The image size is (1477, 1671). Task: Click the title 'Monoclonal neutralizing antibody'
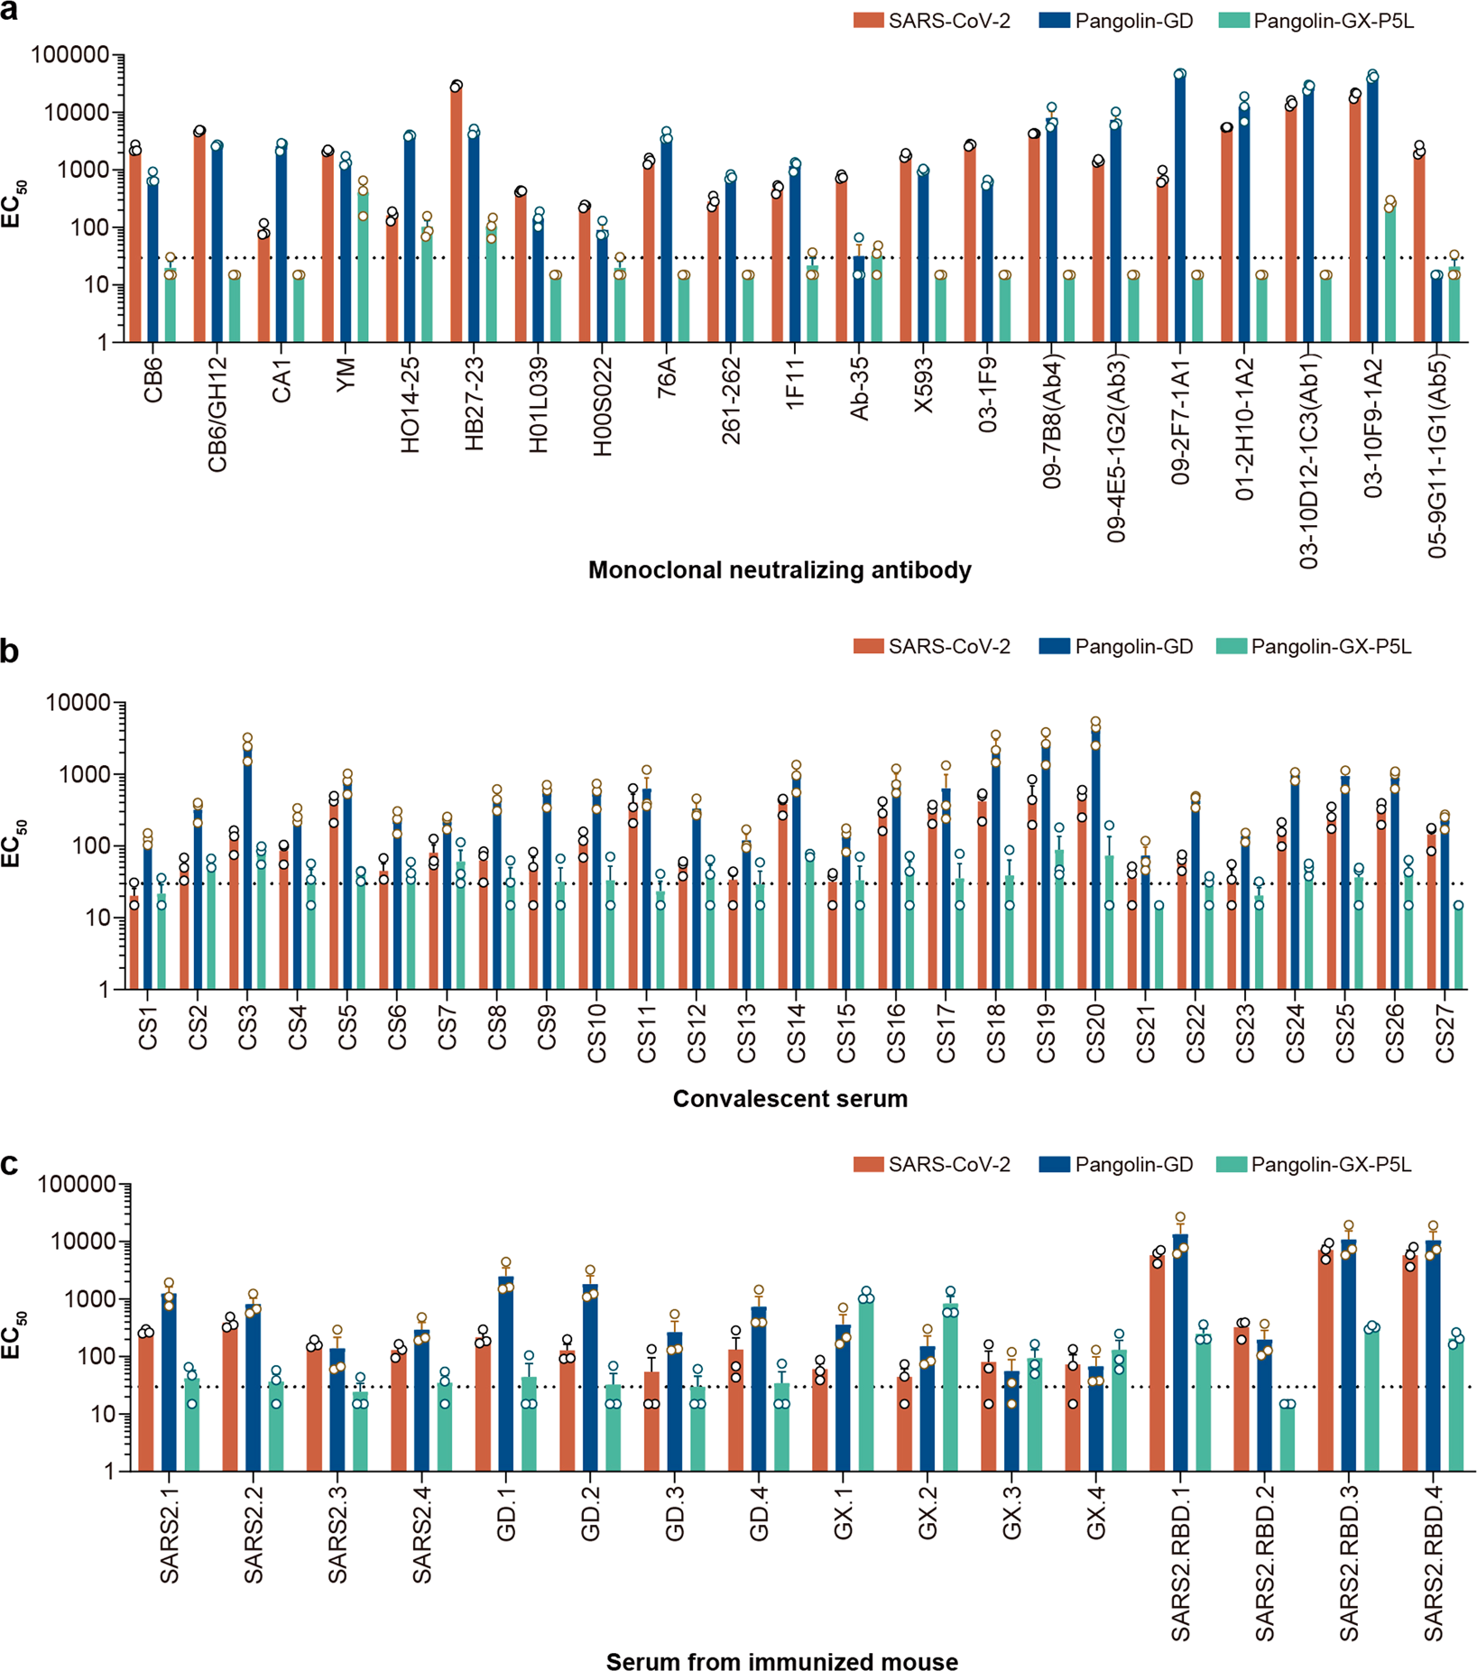[x=780, y=570]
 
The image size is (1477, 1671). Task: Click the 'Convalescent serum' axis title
[x=789, y=1099]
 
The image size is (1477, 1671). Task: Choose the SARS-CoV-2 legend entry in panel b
[x=931, y=646]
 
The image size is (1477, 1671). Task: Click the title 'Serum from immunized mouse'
[x=781, y=1661]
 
